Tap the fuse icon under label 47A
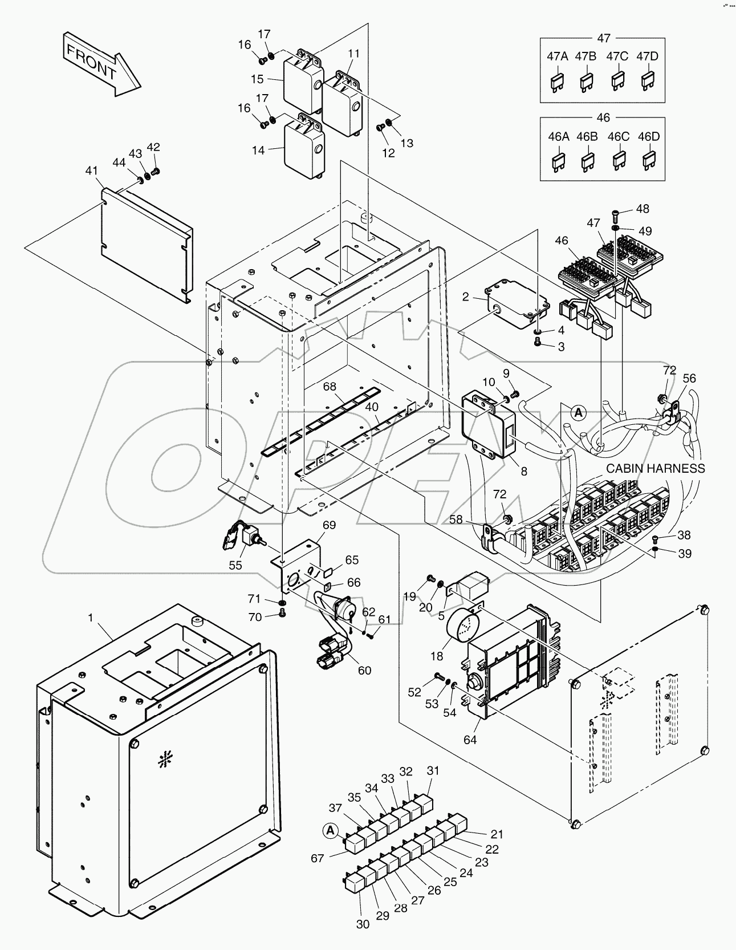pos(557,83)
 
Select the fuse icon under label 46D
pos(649,163)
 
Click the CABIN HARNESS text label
pos(655,468)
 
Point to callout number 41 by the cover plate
pos(91,170)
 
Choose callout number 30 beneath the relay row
pos(363,924)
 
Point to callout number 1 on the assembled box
pos(90,618)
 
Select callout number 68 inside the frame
pos(330,386)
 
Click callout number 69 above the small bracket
pos(329,525)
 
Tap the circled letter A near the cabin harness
pos(578,412)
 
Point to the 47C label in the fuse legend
pos(617,56)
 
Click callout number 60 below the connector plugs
pos(364,670)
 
